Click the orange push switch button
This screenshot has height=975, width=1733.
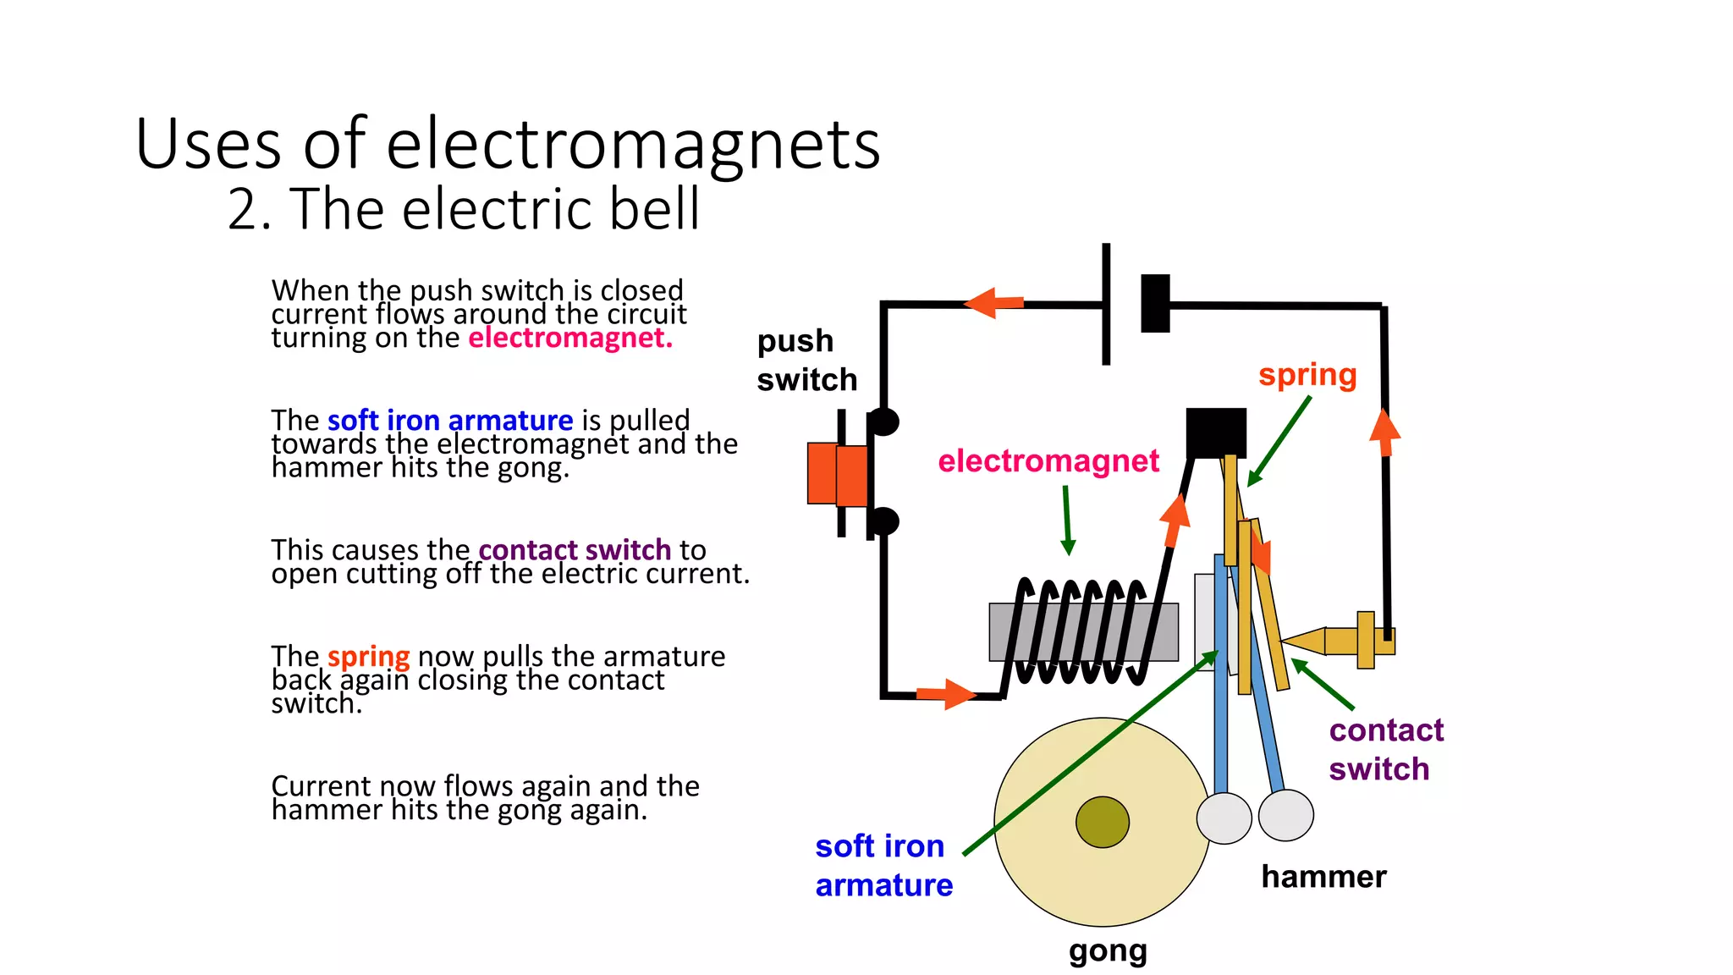(x=836, y=474)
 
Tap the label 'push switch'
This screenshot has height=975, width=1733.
(x=806, y=361)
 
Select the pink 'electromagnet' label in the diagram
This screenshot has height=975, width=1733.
(x=1048, y=461)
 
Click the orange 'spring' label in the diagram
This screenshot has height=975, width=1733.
(x=1307, y=374)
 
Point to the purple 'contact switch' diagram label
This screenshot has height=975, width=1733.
(x=1384, y=749)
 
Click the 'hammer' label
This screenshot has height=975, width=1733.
(x=1323, y=877)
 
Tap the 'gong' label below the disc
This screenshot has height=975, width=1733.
(x=1107, y=950)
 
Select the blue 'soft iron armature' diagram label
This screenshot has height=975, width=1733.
(x=883, y=865)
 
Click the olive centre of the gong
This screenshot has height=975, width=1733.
(x=1102, y=822)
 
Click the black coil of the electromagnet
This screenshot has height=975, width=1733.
(x=1079, y=631)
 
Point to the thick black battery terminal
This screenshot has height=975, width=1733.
(x=1155, y=303)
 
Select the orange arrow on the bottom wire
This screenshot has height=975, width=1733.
(x=946, y=694)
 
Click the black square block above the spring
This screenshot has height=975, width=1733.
(x=1215, y=432)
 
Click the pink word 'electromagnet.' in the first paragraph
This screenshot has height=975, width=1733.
(x=569, y=338)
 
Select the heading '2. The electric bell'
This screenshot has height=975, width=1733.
(x=463, y=209)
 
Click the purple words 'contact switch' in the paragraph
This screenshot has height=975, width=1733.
(x=575, y=550)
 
